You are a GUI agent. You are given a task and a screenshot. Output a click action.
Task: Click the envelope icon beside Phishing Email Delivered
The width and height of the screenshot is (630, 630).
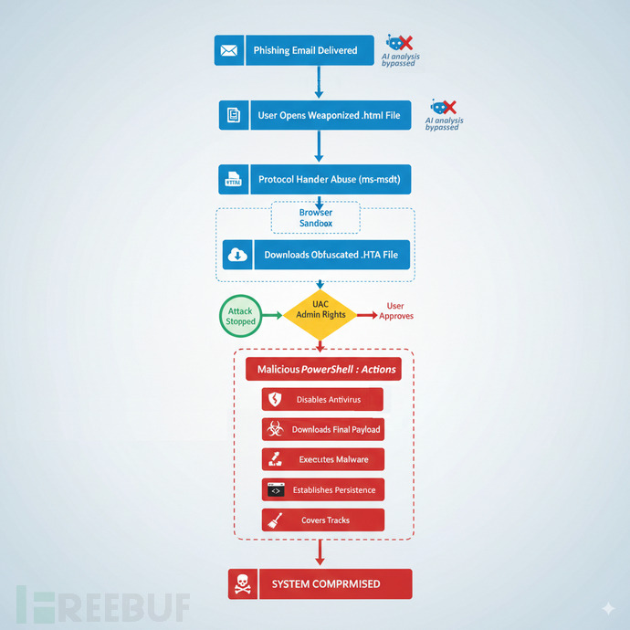(228, 50)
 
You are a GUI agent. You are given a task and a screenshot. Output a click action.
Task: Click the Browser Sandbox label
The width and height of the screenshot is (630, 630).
(316, 218)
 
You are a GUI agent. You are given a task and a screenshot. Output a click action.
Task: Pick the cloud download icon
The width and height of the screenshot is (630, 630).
(237, 255)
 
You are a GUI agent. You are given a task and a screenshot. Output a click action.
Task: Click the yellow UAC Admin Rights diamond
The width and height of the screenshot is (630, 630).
(320, 315)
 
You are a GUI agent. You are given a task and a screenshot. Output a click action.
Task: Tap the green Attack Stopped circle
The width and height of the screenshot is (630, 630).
(241, 316)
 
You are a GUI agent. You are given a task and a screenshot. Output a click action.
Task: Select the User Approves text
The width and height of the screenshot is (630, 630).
(395, 311)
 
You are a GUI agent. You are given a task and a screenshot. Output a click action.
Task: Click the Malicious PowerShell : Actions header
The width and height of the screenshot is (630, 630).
(323, 369)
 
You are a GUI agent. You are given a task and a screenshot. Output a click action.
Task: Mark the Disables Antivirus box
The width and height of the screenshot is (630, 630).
(322, 399)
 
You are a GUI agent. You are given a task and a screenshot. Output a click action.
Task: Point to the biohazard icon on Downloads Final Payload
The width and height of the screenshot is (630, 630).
(275, 429)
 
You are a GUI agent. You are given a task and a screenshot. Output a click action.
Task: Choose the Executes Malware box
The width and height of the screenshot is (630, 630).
(323, 459)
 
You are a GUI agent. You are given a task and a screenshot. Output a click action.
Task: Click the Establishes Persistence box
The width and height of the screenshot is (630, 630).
(323, 489)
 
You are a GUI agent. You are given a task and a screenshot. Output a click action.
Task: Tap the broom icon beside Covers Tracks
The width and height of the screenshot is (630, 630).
(275, 520)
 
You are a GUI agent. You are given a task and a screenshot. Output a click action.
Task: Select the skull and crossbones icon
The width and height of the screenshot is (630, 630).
(243, 584)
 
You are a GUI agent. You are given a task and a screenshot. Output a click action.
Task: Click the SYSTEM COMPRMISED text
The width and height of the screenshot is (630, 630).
(326, 583)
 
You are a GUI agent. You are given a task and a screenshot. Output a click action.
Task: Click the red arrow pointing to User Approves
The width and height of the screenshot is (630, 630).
(367, 315)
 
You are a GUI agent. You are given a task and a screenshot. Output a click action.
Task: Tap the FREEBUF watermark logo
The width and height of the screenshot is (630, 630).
(103, 604)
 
